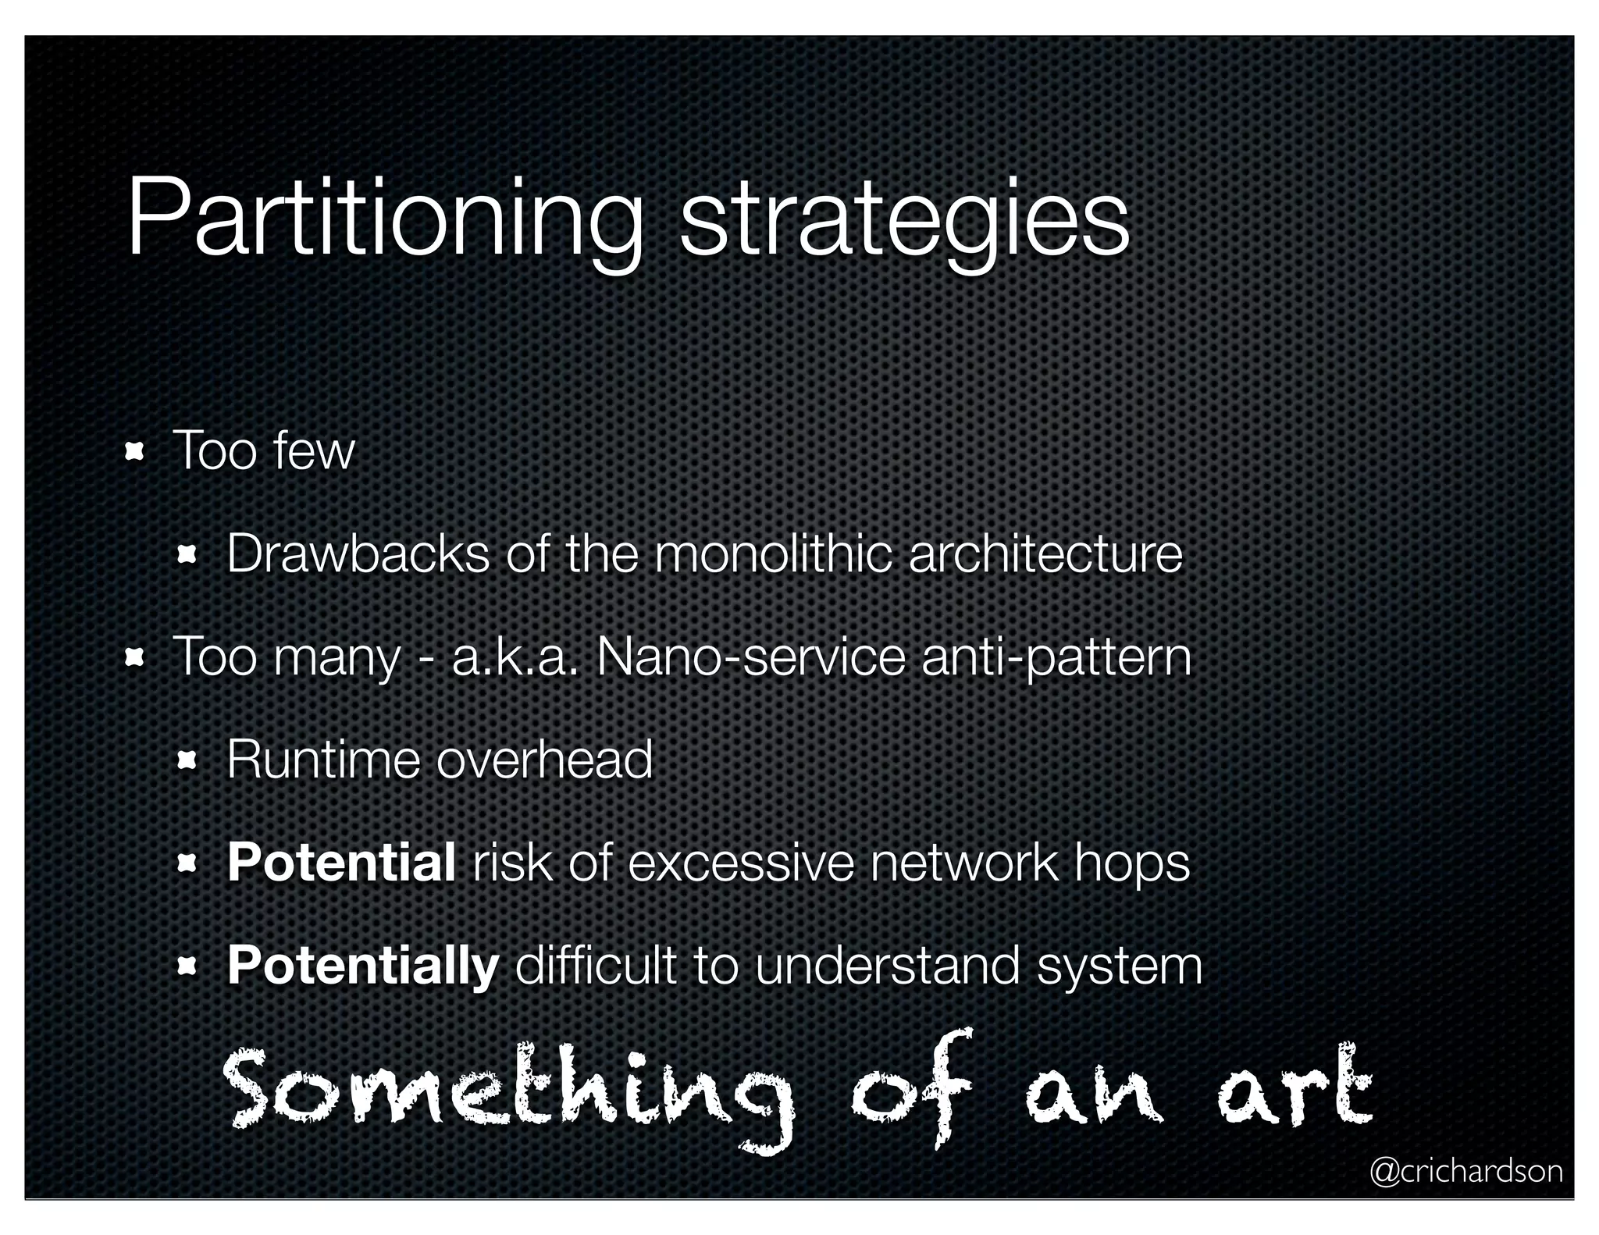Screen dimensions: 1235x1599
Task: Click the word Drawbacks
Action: coord(358,554)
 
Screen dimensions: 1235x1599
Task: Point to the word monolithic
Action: coord(772,554)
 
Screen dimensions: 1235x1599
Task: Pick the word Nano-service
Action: coord(750,658)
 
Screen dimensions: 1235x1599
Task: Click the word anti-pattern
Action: coord(1056,658)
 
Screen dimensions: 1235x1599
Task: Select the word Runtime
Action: coord(323,760)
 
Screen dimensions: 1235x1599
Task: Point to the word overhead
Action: coord(544,760)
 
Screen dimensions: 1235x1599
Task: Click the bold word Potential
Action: coord(341,863)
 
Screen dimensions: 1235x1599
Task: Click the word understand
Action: coord(887,966)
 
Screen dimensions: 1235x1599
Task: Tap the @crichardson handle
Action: coord(1465,1171)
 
